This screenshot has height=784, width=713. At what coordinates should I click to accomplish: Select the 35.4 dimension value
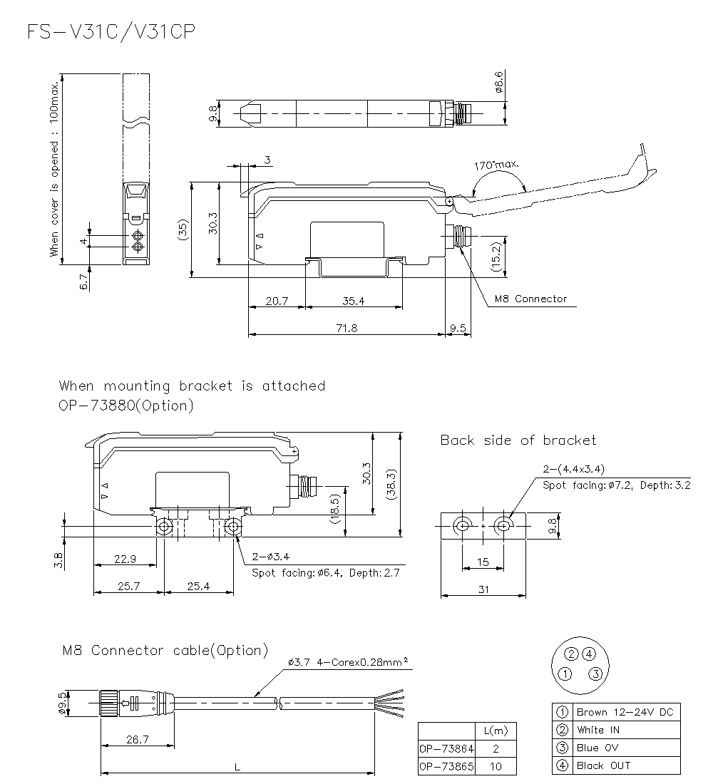pyautogui.click(x=353, y=301)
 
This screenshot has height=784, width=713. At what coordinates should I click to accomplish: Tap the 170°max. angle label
pyautogui.click(x=497, y=165)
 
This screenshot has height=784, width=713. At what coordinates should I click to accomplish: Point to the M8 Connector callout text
pyautogui.click(x=530, y=299)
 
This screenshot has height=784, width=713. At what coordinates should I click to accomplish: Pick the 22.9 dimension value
pyautogui.click(x=125, y=559)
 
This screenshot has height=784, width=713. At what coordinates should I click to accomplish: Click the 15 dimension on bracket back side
pyautogui.click(x=483, y=562)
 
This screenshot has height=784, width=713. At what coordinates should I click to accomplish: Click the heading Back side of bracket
pyautogui.click(x=518, y=440)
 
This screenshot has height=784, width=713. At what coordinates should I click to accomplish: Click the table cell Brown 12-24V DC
pyautogui.click(x=625, y=711)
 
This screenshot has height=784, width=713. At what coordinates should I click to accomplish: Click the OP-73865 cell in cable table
pyautogui.click(x=446, y=767)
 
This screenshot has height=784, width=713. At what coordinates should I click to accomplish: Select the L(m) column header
pyautogui.click(x=495, y=731)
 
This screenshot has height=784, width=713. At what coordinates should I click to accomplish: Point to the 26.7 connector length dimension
pyautogui.click(x=137, y=740)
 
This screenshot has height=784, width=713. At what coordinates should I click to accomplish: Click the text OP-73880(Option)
pyautogui.click(x=126, y=406)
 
